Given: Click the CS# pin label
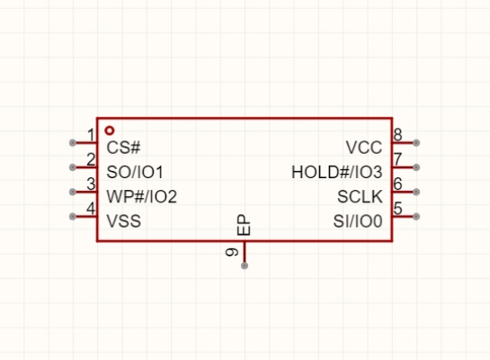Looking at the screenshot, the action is point(123,148).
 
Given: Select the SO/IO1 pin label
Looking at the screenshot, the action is point(135,172).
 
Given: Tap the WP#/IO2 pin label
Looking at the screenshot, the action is point(141,196).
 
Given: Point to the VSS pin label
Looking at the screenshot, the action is point(124,220).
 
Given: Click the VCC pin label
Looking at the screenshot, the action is point(364,148).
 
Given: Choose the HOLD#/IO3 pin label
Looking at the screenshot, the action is point(337,172).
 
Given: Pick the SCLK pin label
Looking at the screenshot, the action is point(360,196).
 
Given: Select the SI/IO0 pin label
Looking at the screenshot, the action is point(358,220).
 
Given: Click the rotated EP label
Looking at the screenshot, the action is point(244,225).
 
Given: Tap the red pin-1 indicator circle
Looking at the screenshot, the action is point(110,130).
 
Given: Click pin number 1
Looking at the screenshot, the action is point(91,135).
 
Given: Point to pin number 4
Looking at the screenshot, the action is point(91,208).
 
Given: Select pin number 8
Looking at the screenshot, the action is point(397,135).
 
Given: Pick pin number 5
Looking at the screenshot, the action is point(397,208).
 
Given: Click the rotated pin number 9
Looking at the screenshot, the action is point(232,252).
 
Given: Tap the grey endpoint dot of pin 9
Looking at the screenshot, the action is point(245,265).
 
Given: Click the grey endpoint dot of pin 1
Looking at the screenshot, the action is point(73,143).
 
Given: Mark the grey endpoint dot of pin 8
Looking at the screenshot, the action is point(416,143).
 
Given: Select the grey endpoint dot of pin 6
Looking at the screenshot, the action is point(416,192).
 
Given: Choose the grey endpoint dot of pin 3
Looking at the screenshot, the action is point(73,192).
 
